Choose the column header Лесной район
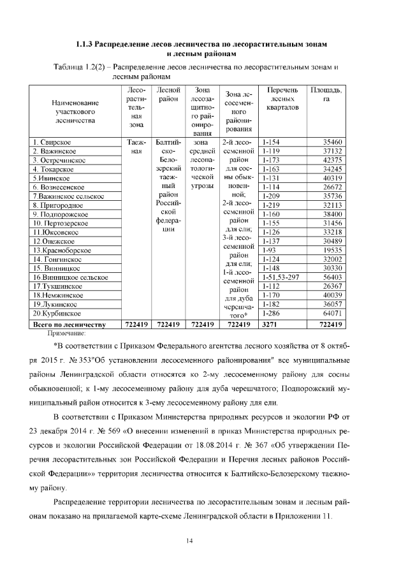pos(169,95)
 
